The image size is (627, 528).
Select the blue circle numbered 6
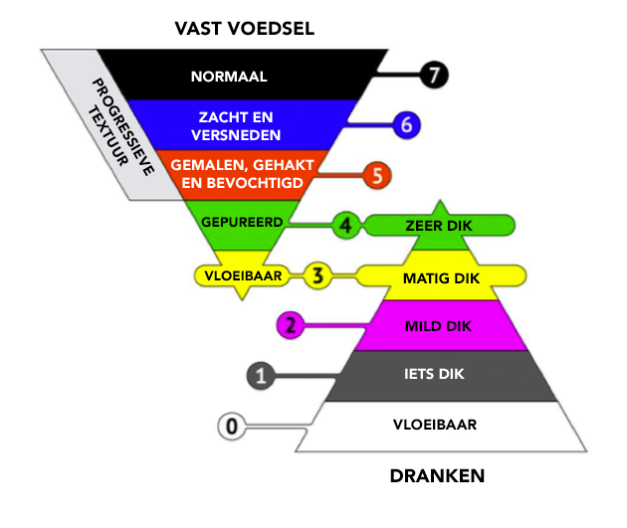tap(404, 124)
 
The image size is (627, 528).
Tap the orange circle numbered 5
tap(375, 175)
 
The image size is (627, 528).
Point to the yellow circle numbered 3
tap(316, 275)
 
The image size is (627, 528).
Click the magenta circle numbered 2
tap(290, 324)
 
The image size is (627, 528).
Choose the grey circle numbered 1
tap(261, 375)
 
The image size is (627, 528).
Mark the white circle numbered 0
tap(231, 427)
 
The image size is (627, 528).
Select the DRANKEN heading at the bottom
tap(437, 476)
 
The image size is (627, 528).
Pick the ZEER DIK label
tap(439, 226)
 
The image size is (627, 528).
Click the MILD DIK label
tap(439, 325)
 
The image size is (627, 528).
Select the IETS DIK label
tap(439, 375)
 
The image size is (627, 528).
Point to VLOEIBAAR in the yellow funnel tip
tap(241, 273)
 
